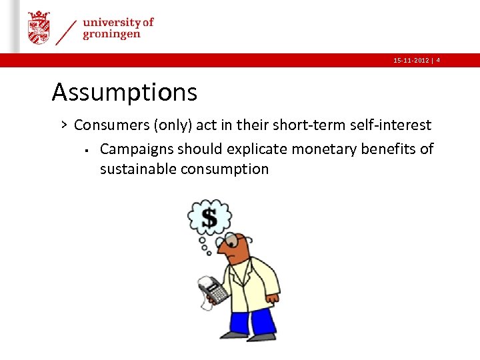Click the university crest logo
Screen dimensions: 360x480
(x=39, y=27)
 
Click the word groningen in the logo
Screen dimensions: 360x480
(x=111, y=35)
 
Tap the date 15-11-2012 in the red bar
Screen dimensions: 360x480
(x=411, y=61)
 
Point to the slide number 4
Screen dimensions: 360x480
(x=438, y=61)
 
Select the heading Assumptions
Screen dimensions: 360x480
(x=125, y=92)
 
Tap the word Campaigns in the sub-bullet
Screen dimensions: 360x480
(x=136, y=149)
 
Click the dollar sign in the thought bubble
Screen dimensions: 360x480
(x=209, y=218)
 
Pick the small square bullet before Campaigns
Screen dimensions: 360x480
(x=87, y=149)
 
